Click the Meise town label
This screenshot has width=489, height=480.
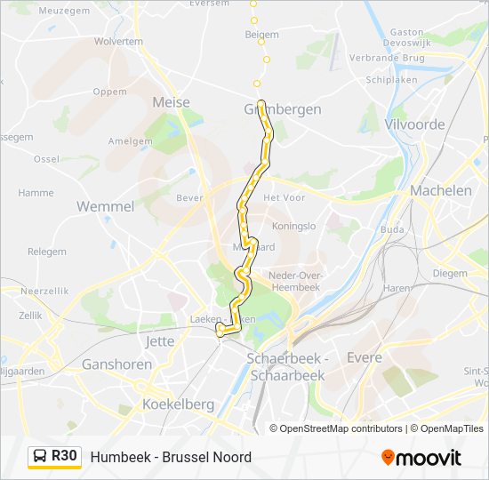point(172,102)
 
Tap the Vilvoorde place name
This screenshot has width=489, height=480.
point(414,124)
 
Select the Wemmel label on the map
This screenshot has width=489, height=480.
point(105,206)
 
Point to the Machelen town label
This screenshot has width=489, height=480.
point(441,190)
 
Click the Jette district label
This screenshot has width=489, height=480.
point(159,340)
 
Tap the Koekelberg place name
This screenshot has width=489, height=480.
point(178,404)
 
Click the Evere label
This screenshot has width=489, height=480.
point(364,357)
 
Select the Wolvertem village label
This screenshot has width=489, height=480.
point(118,41)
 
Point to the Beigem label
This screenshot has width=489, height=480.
point(261,35)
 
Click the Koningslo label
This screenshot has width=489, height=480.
point(295,226)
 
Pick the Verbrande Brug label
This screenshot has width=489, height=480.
point(399,58)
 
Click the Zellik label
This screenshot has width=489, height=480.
point(30,315)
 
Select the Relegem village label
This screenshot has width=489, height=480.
point(46,252)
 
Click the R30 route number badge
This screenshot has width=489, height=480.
point(64,456)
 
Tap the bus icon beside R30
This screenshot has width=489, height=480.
point(40,456)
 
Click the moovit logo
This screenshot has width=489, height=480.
point(421,457)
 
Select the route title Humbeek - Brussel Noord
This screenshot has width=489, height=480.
point(171,457)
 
